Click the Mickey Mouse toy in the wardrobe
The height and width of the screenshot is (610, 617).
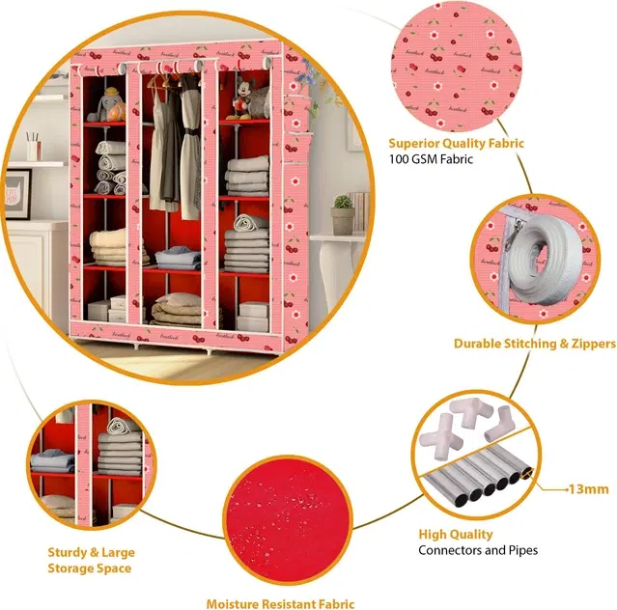[x=243, y=97]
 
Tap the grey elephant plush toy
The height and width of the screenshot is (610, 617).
[x=103, y=104]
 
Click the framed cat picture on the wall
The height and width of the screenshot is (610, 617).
[x=17, y=194]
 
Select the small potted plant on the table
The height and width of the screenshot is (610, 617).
[x=343, y=214]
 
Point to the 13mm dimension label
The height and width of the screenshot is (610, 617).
[x=589, y=489]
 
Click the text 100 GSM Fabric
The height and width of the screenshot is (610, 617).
[x=431, y=159]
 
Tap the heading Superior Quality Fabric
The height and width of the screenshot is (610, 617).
[x=456, y=143]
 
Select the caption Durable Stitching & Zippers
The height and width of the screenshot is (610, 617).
[x=535, y=344]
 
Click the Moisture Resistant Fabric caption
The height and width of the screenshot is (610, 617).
[x=280, y=603]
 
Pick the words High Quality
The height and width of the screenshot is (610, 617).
[x=456, y=534]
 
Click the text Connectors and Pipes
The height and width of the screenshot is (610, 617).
[x=478, y=550]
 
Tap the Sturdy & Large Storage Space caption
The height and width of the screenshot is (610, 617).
[x=91, y=560]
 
